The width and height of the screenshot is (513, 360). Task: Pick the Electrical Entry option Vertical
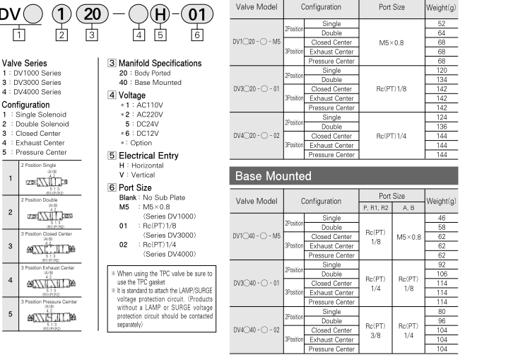coord(129,174)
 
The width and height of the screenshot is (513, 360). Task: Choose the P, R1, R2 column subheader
coord(375,208)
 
